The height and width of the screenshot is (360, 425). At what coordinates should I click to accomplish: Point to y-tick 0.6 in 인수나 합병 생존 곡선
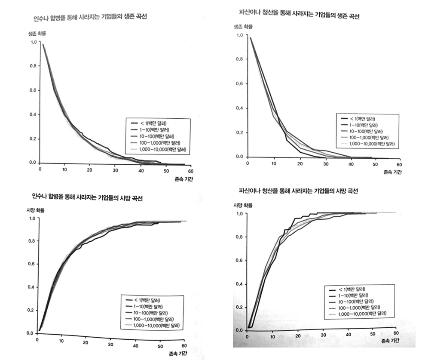(x=32, y=90)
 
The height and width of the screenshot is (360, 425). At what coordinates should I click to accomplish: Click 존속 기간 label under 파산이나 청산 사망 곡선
(x=390, y=341)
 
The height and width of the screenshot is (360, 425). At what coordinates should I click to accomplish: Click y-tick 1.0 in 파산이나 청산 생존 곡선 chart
(x=240, y=35)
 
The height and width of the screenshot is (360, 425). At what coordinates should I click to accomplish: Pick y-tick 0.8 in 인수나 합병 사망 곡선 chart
(x=30, y=241)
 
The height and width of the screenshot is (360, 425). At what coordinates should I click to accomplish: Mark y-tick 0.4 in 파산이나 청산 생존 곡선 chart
(x=240, y=108)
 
